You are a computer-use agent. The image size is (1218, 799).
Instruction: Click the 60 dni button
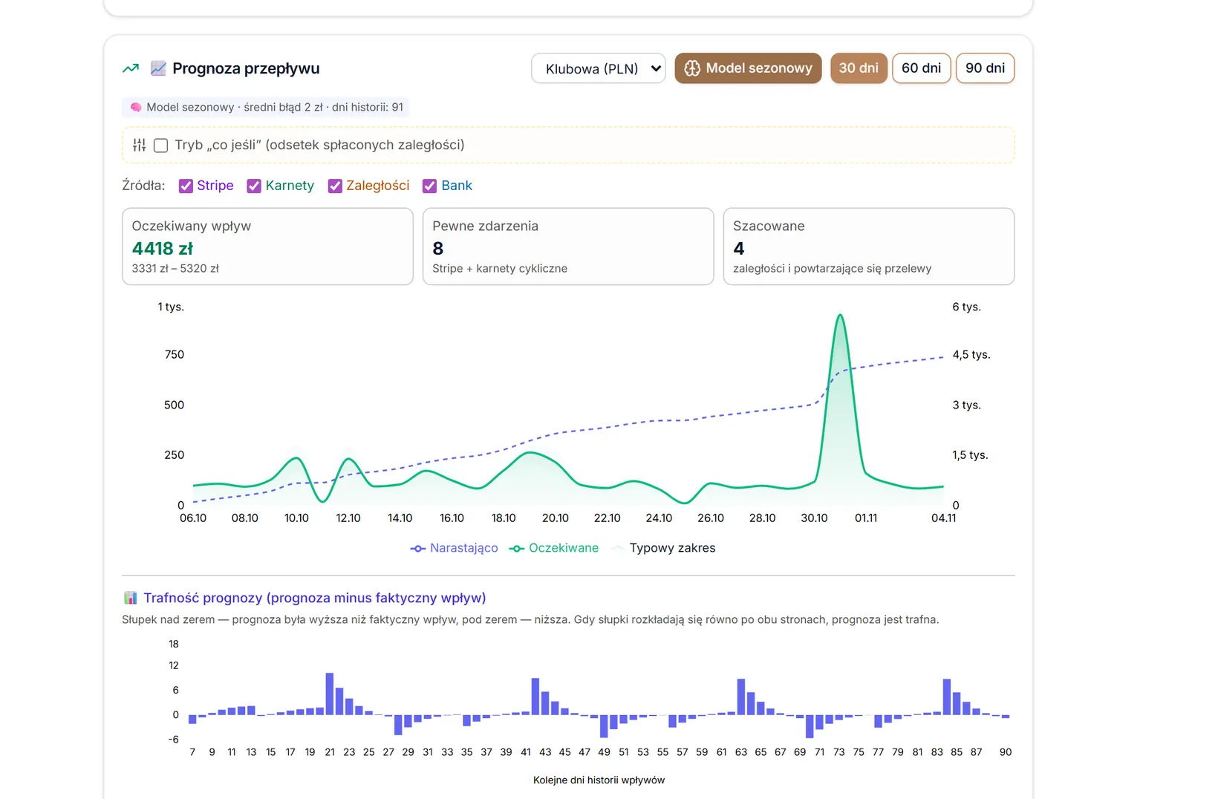click(x=921, y=68)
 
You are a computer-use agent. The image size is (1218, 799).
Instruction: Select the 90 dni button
click(x=985, y=68)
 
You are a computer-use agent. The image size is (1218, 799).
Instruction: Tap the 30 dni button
click(x=858, y=68)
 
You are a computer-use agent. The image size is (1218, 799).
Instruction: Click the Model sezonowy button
click(x=748, y=68)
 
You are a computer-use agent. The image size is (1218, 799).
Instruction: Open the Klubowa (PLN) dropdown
click(x=598, y=68)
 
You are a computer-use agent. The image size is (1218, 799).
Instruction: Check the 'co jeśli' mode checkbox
click(x=160, y=145)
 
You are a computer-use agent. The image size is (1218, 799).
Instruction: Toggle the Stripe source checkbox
click(x=186, y=186)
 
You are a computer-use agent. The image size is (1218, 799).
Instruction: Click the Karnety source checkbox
click(x=253, y=186)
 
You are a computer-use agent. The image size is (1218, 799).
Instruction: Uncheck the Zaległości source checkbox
click(x=334, y=186)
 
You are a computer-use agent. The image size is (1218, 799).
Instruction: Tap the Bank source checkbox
click(x=429, y=186)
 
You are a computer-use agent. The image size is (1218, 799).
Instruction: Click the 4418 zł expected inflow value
click(x=162, y=249)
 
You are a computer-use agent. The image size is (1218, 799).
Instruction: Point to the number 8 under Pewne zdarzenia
click(x=437, y=249)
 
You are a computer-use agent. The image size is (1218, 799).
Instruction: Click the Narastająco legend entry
click(x=454, y=548)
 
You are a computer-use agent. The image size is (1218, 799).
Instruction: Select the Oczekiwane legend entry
click(x=553, y=548)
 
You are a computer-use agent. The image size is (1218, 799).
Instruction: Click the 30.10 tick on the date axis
click(x=814, y=518)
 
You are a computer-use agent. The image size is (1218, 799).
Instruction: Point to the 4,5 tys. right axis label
click(x=971, y=354)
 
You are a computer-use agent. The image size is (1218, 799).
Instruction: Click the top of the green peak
click(x=840, y=315)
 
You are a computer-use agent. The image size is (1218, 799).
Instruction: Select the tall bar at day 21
click(x=330, y=694)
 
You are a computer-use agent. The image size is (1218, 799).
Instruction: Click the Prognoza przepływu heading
click(x=246, y=68)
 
